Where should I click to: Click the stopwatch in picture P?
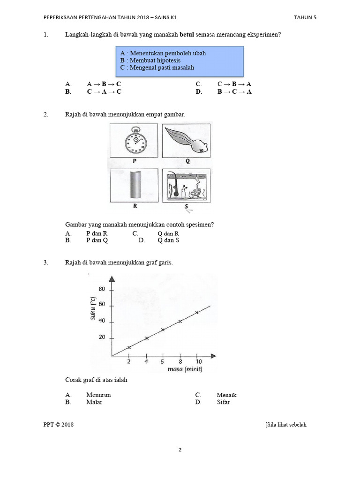(x=134, y=140)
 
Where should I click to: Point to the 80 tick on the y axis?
(x=102, y=289)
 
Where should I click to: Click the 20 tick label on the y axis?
(x=102, y=338)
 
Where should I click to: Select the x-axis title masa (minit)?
(x=185, y=370)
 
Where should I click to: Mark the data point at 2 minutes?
(x=129, y=348)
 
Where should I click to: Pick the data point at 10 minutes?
(x=197, y=312)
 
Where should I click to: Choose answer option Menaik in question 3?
(x=226, y=395)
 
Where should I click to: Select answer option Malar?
(x=94, y=402)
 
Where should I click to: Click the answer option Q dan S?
(x=168, y=240)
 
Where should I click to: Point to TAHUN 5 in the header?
(x=305, y=17)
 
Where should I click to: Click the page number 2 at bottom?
(x=180, y=450)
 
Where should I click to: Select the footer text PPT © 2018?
(x=58, y=425)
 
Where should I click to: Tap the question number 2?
(x=45, y=114)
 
